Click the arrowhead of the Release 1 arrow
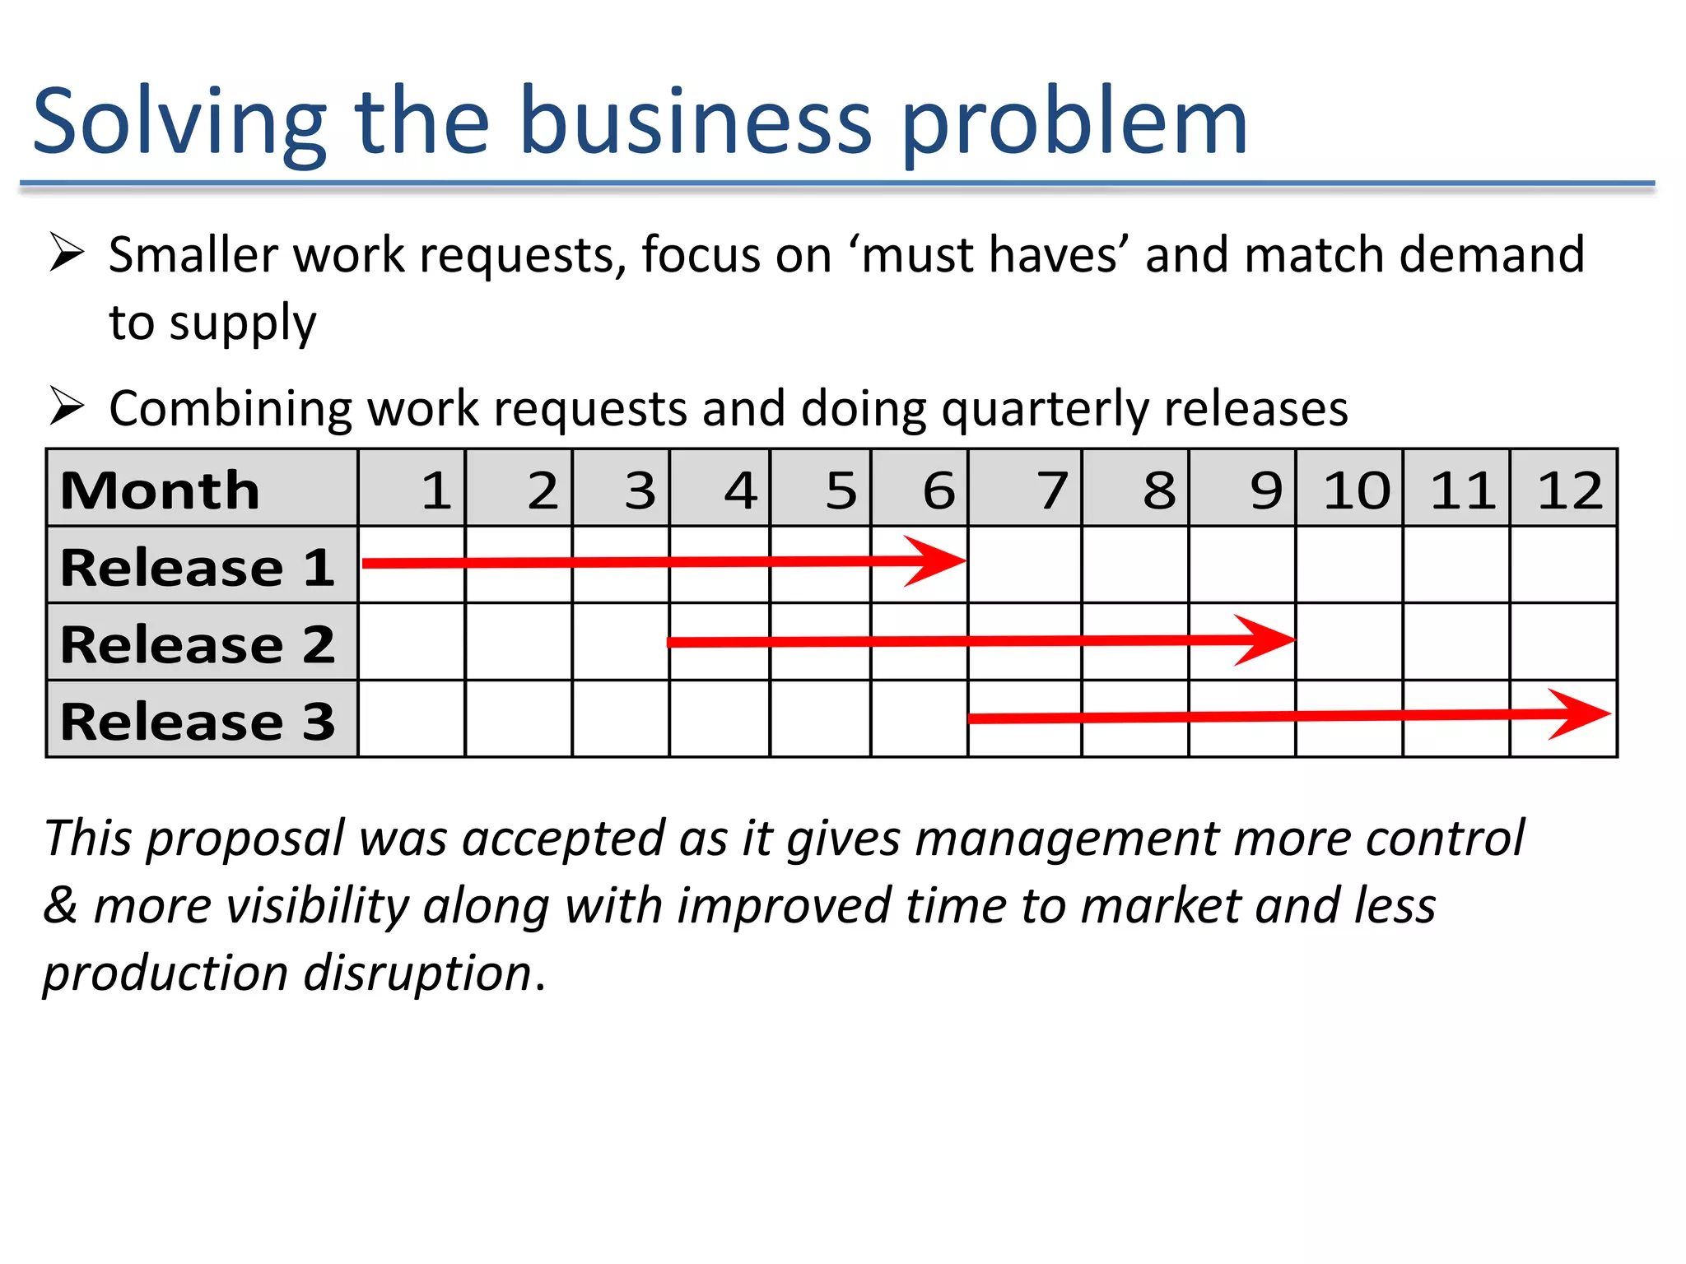pyautogui.click(x=938, y=561)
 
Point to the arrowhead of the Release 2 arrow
pyautogui.click(x=1268, y=639)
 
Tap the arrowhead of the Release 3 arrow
pyautogui.click(x=1582, y=714)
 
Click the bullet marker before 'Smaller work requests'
pyautogui.click(x=67, y=252)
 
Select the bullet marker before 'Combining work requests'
pyautogui.click(x=67, y=406)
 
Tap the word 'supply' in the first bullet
pyautogui.click(x=242, y=324)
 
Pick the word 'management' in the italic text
pyautogui.click(x=1066, y=839)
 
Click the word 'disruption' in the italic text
pyautogui.click(x=417, y=974)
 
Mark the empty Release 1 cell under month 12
pyautogui.click(x=1563, y=565)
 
